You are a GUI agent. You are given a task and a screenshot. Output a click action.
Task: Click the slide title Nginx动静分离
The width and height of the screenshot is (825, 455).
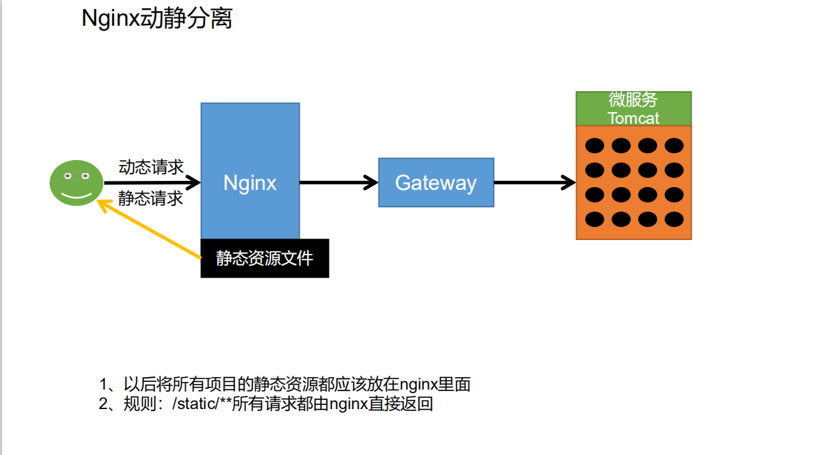157,19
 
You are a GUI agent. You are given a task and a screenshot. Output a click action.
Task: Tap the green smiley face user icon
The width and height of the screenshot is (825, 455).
76,182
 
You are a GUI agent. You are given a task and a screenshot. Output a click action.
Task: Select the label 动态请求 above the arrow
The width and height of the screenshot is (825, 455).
151,167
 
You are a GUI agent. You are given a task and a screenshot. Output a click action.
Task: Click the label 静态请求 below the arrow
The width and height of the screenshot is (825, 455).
151,198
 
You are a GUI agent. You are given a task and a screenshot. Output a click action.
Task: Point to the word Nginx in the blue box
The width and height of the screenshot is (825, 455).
250,183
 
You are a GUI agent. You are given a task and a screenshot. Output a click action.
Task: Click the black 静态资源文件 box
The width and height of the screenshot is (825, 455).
264,259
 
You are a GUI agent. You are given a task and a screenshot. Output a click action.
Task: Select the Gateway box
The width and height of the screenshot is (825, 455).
436,182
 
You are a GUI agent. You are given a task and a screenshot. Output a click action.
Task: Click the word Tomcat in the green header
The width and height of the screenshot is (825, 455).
633,118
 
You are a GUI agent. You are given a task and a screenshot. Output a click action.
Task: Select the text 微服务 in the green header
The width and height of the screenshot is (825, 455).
633,100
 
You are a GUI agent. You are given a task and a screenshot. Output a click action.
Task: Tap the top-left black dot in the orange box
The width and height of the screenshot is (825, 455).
594,145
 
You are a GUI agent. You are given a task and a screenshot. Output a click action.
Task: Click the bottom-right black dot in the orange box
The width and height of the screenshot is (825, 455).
673,219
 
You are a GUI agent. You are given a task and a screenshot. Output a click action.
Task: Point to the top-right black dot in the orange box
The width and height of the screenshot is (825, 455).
673,145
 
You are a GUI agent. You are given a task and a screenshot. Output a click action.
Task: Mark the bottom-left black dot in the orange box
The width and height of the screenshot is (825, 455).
594,219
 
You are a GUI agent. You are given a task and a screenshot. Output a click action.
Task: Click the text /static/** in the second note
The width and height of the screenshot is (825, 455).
202,404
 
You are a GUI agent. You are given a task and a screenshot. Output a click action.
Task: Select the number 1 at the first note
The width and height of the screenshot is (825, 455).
104,385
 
